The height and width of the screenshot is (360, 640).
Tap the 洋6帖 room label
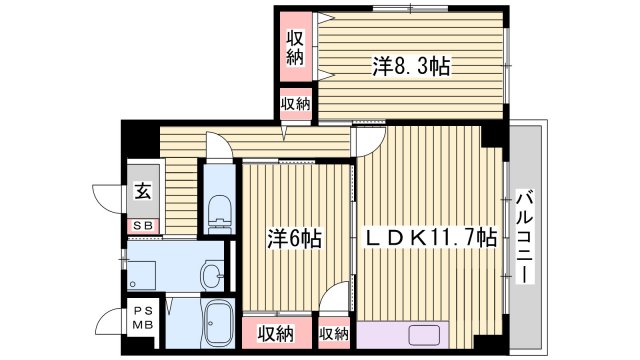[293, 240]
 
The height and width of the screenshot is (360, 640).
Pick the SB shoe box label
[143, 226]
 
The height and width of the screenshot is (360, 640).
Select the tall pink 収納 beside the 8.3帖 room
[296, 48]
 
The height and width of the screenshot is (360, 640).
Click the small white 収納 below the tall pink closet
[296, 103]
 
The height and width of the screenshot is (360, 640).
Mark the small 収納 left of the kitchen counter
[334, 333]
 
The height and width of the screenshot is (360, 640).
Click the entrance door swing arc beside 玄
[107, 196]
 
